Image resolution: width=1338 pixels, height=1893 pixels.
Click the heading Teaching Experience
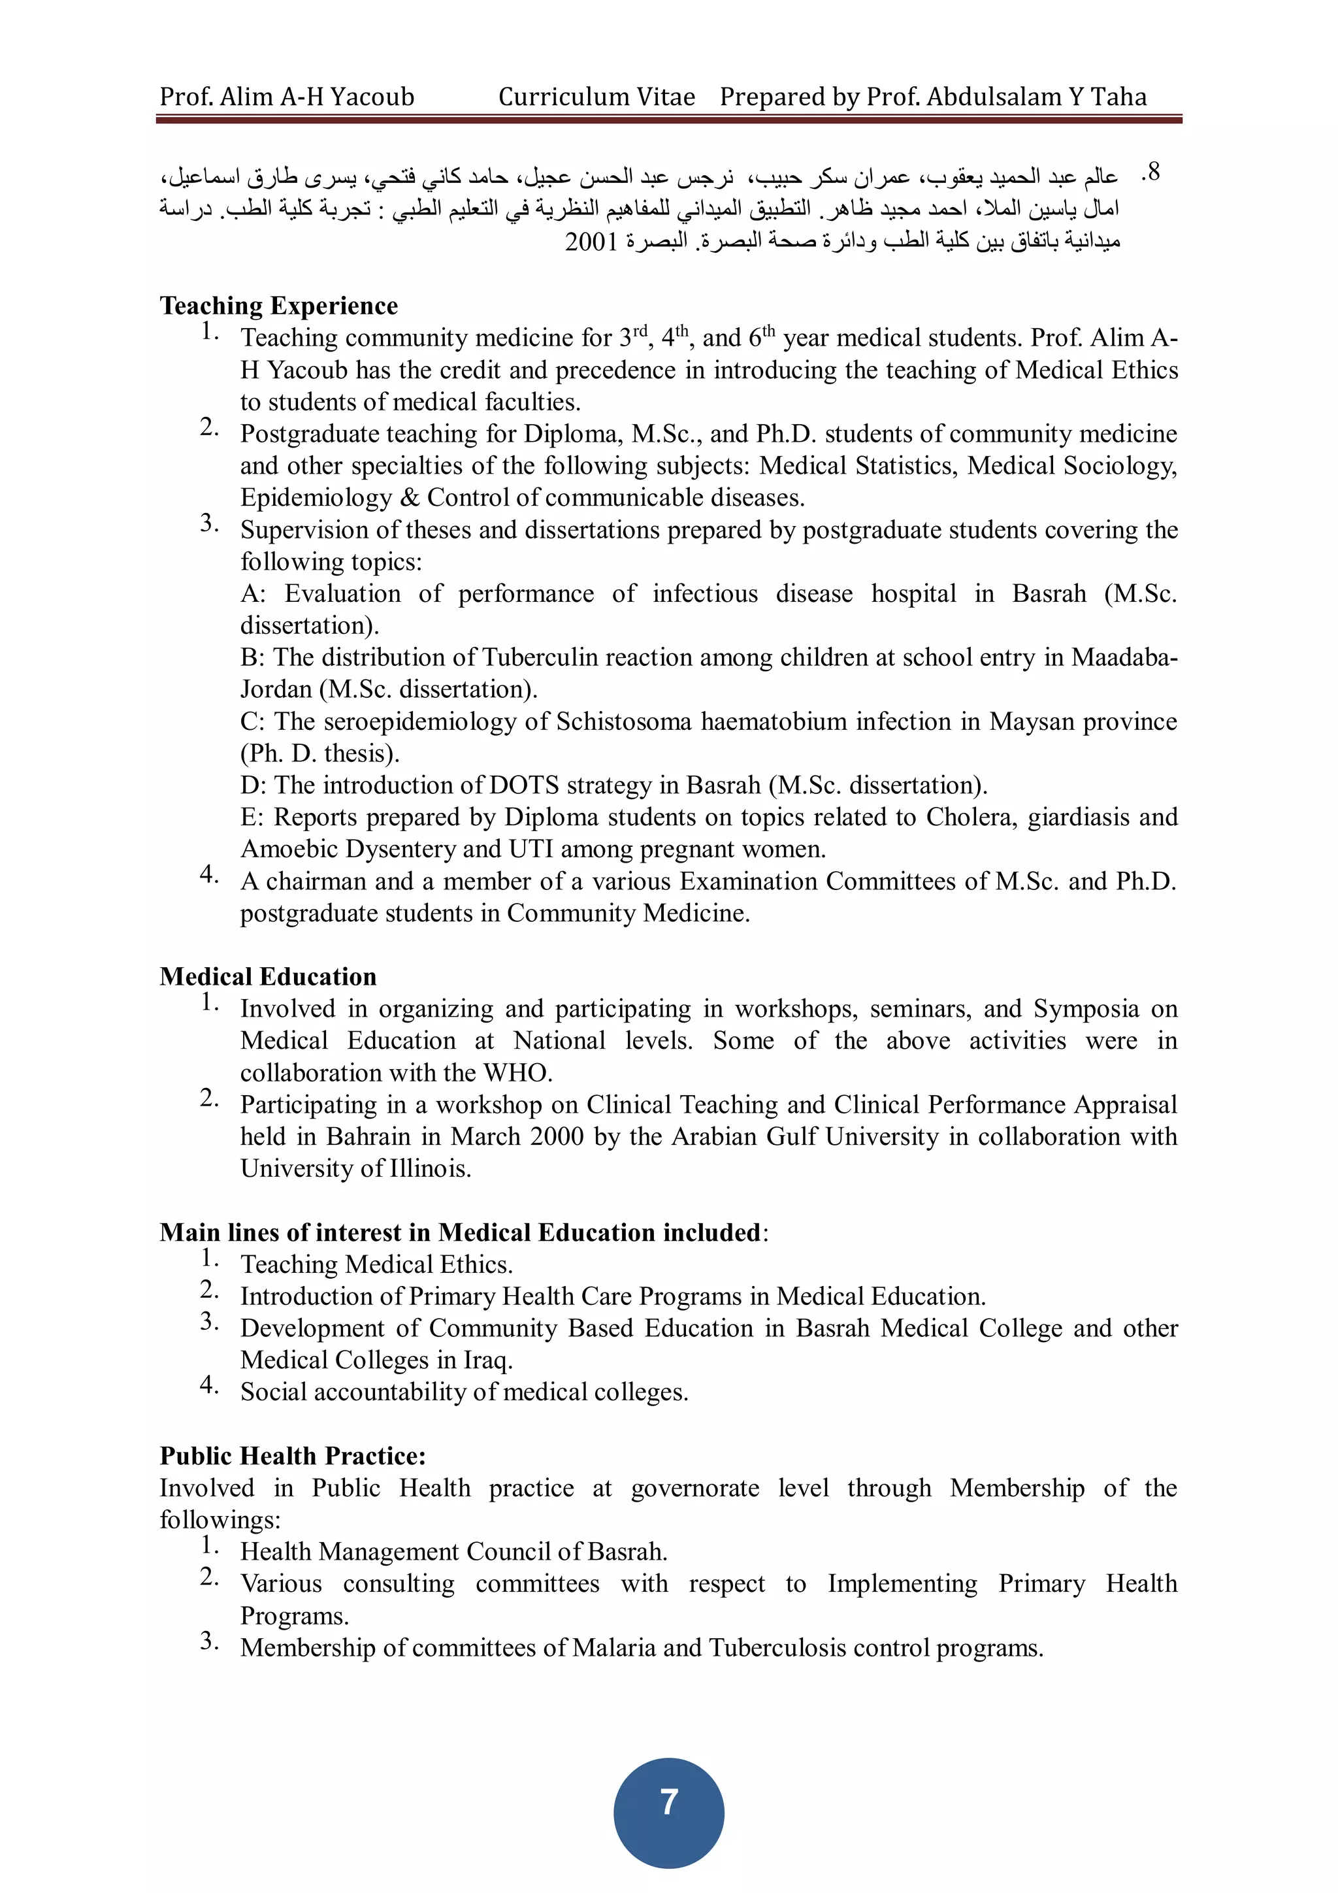(279, 306)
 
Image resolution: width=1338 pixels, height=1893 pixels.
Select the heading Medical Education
(268, 977)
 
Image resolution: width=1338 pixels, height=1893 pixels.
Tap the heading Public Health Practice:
(293, 1456)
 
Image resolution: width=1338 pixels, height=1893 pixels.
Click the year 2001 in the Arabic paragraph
(591, 242)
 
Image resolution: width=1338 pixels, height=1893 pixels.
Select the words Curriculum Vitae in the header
(597, 97)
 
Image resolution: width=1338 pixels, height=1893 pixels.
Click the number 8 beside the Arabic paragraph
(1153, 173)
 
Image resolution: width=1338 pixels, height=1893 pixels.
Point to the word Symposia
(1086, 1009)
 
